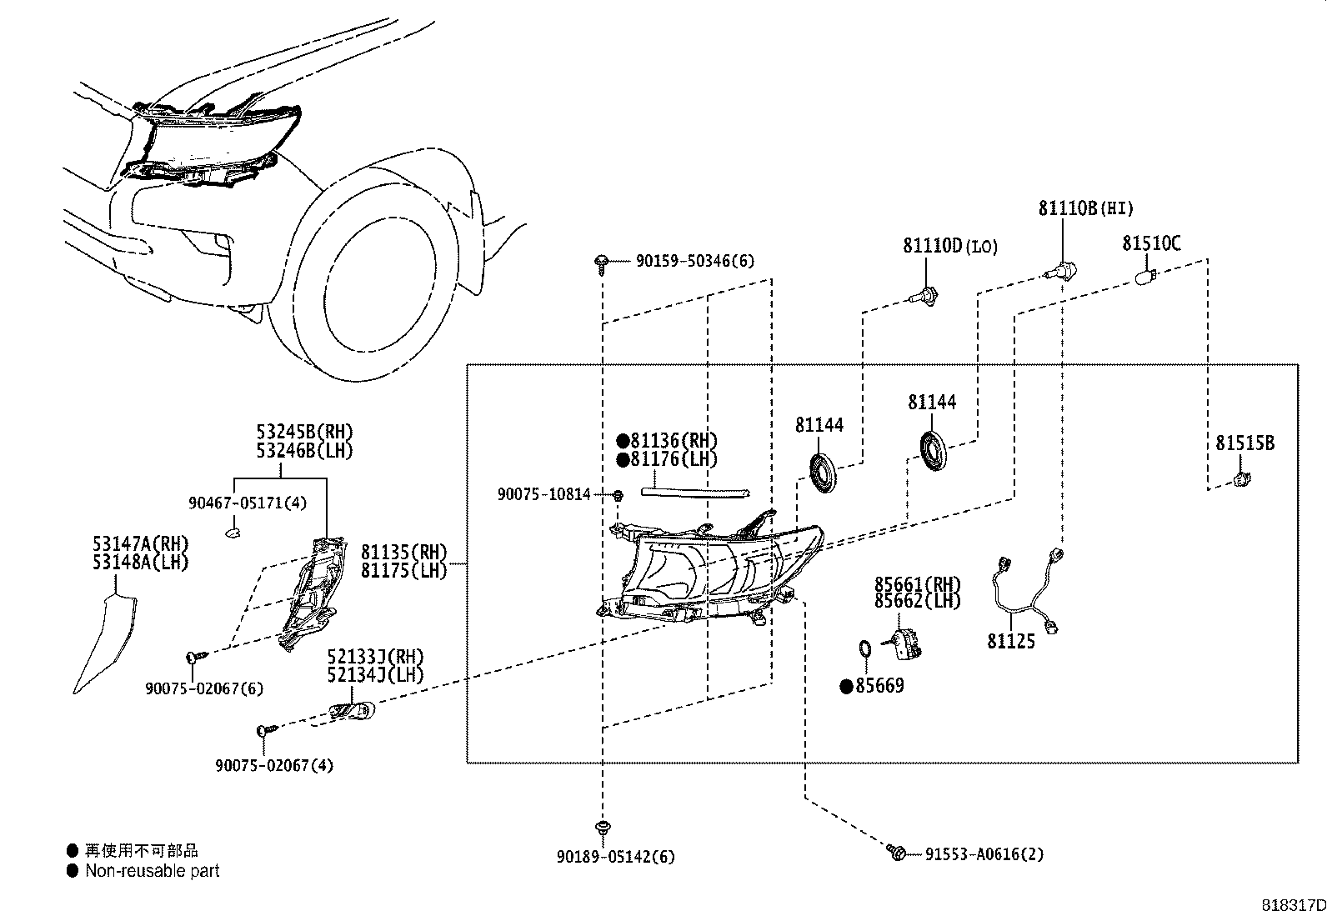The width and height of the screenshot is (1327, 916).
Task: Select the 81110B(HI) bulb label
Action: point(1085,208)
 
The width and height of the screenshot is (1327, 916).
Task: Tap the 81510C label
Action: point(1150,243)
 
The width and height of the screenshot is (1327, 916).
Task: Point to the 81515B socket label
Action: point(1244,443)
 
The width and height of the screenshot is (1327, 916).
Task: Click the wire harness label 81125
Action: point(1010,641)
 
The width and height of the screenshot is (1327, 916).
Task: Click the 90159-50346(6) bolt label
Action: point(694,261)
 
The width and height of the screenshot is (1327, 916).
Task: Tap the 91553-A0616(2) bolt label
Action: point(984,854)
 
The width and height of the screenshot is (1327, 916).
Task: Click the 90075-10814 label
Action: point(543,494)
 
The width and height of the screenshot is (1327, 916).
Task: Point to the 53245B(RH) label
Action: point(304,433)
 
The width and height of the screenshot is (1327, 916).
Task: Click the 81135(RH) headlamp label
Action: point(403,553)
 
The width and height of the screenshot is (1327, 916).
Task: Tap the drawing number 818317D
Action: point(1291,904)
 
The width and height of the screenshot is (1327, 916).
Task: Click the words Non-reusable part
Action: point(153,871)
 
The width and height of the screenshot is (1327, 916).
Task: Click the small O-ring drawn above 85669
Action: point(865,648)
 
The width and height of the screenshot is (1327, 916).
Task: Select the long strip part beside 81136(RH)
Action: point(695,493)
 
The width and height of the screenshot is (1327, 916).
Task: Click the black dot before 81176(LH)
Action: point(622,460)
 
